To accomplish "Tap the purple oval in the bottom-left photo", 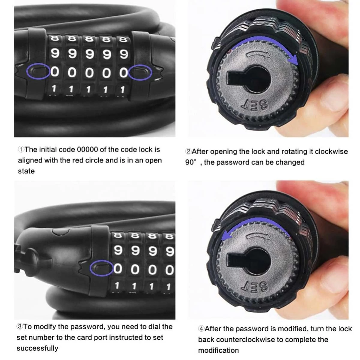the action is coord(90,268).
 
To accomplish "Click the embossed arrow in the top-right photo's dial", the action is coord(258,54).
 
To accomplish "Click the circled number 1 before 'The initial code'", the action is coord(21,150).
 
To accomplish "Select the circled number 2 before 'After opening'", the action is coord(188,151).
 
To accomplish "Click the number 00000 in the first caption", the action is coord(87,150).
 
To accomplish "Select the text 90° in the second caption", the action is coord(191,162).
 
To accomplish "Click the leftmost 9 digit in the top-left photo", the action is coord(55,53).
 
